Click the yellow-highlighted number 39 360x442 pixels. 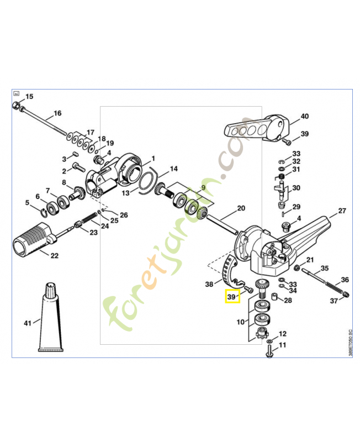(232, 297)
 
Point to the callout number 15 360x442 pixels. (29, 97)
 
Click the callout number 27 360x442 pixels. (341, 211)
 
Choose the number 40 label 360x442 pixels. (304, 117)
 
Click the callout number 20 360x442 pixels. (240, 208)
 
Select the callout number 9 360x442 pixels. (203, 187)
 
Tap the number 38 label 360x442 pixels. (209, 285)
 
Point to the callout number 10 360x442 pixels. (240, 322)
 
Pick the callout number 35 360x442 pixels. (324, 268)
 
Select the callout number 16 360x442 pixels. (57, 114)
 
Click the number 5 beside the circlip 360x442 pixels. (28, 202)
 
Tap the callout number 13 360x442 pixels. (126, 193)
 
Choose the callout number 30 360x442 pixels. (296, 188)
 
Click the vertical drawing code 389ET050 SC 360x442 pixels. (350, 344)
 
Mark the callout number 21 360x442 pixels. (310, 260)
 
